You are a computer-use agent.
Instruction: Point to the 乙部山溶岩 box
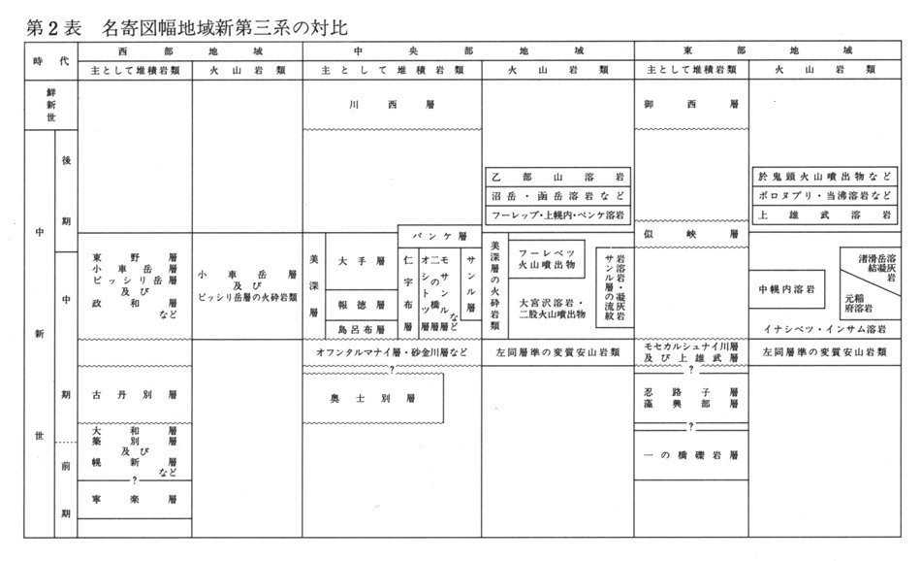click(x=559, y=176)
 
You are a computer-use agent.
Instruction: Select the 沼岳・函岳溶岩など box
click(x=559, y=195)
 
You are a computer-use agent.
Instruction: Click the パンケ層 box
click(x=439, y=236)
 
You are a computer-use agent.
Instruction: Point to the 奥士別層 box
click(x=372, y=399)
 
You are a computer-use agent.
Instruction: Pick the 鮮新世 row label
click(x=40, y=104)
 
